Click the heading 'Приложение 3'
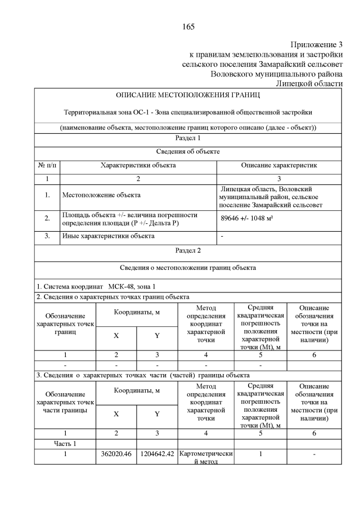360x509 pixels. (317, 44)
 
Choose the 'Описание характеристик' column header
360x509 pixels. (280, 166)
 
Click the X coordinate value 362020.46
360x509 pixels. (116, 453)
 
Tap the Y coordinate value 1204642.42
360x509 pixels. (157, 453)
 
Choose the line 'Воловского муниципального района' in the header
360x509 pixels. (276, 74)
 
